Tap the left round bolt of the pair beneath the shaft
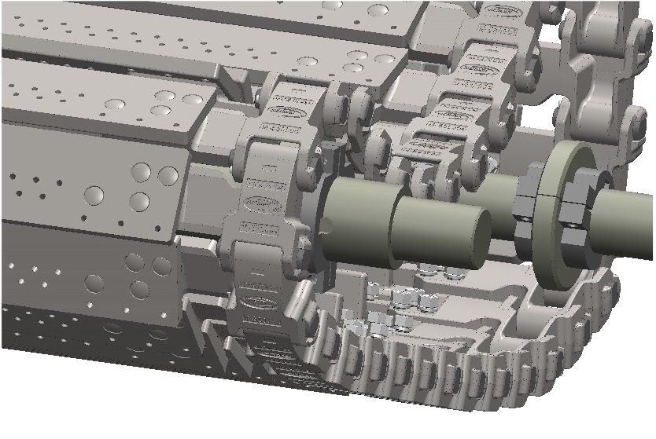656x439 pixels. (431, 270)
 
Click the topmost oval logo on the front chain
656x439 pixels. (275, 103)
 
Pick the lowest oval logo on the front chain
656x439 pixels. (259, 302)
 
